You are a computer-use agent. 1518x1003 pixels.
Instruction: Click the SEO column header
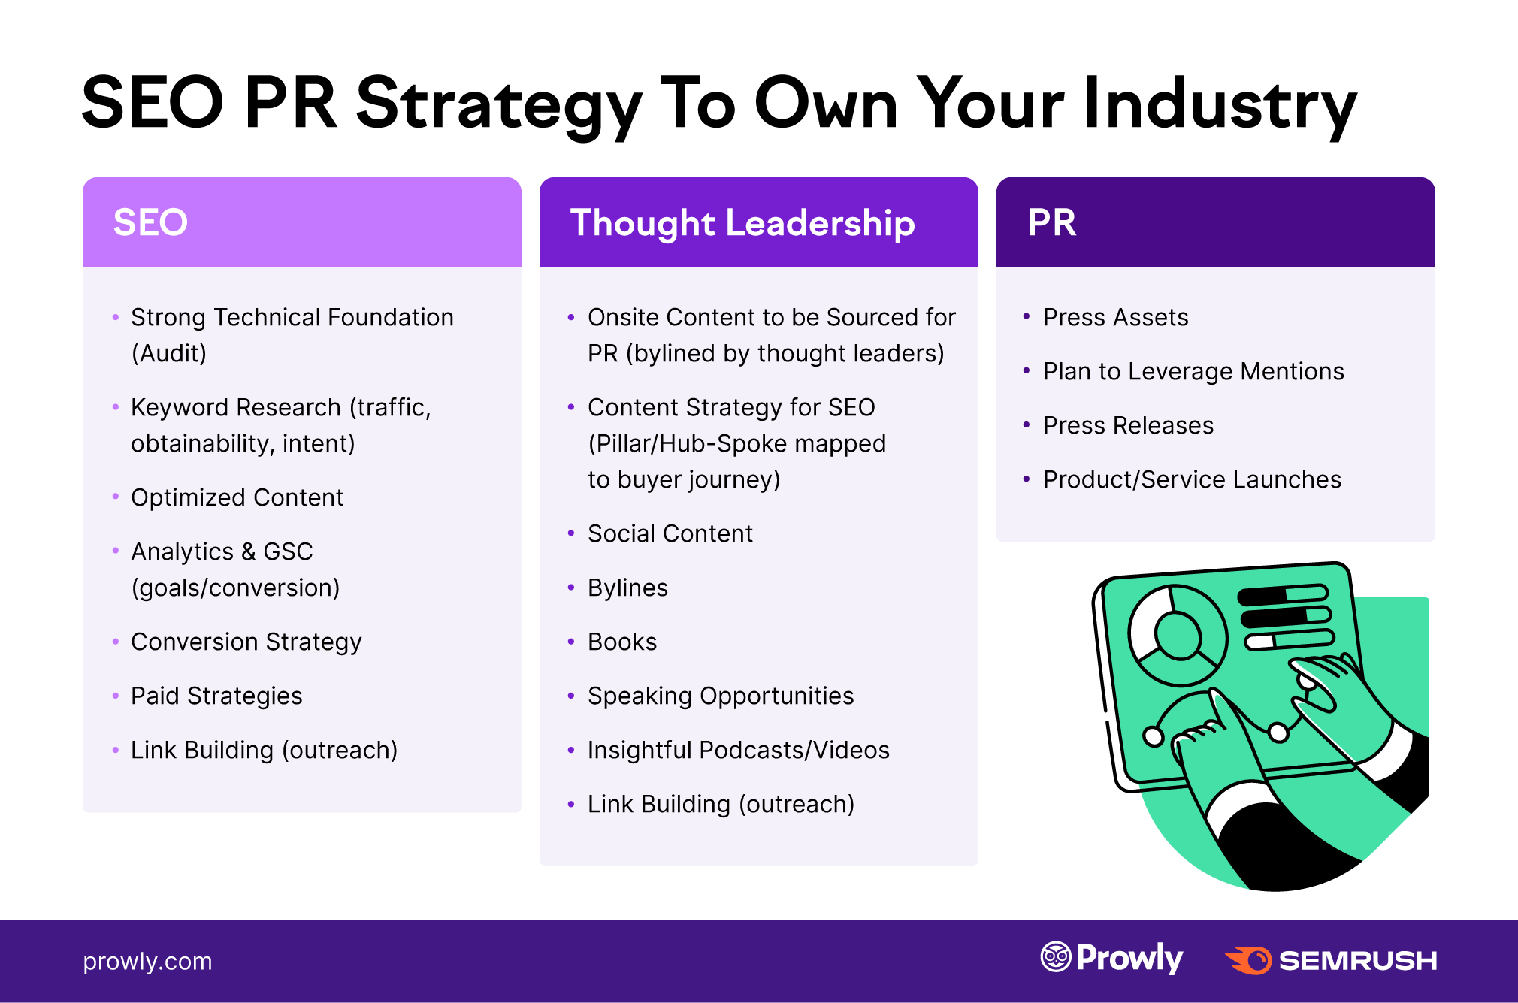point(150,222)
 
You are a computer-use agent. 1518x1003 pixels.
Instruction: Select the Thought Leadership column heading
point(742,224)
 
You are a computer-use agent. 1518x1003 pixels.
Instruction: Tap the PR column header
point(1052,222)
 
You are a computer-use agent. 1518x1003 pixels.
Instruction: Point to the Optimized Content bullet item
point(237,497)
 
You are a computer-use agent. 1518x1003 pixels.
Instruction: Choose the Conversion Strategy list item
point(246,642)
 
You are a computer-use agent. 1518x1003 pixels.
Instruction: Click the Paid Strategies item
point(216,696)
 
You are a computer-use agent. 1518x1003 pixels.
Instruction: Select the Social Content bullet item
point(670,533)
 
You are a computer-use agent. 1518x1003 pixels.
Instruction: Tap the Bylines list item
point(628,588)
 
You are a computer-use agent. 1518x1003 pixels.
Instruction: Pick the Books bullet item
point(622,642)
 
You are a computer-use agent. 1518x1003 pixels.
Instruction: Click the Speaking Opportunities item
point(721,696)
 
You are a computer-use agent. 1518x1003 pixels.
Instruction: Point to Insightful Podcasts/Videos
point(739,751)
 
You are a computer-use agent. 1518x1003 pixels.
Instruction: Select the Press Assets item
point(1116,317)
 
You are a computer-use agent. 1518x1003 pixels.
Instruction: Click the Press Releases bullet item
point(1128,425)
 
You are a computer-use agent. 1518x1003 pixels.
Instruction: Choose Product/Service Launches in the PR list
point(1192,479)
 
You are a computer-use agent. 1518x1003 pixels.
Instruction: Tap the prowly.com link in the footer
point(147,962)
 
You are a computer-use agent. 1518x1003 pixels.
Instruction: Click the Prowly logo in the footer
point(1111,958)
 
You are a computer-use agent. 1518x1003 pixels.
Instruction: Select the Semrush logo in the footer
point(1330,960)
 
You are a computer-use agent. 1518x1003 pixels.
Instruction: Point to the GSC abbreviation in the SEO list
point(288,551)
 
